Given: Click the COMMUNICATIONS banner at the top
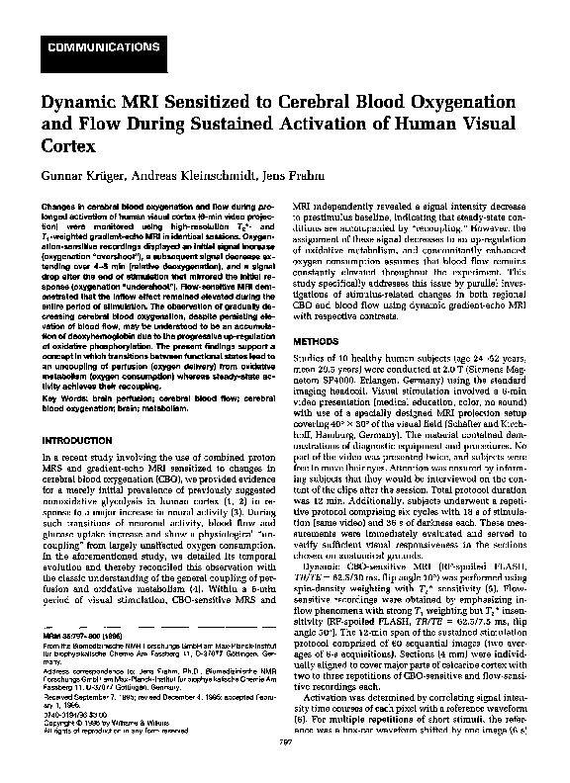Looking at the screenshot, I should [x=93, y=47].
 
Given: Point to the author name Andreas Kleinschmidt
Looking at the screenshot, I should [x=192, y=176].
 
